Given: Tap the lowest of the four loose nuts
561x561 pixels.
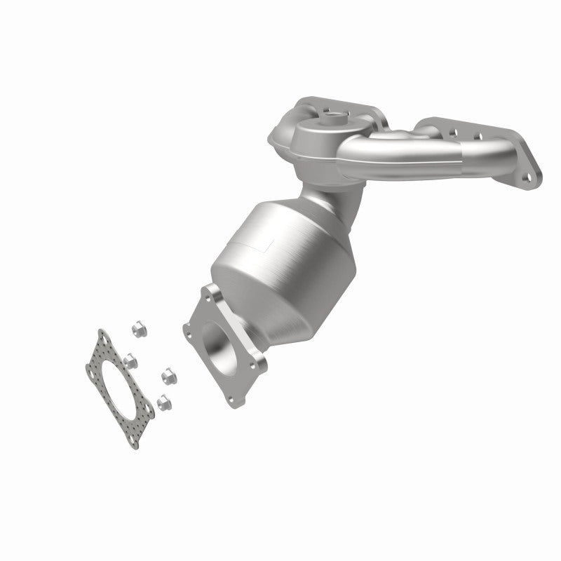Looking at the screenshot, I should [163, 401].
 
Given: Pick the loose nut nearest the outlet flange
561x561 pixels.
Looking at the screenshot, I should [168, 377].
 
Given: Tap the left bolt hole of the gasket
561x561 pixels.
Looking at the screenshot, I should [93, 365].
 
